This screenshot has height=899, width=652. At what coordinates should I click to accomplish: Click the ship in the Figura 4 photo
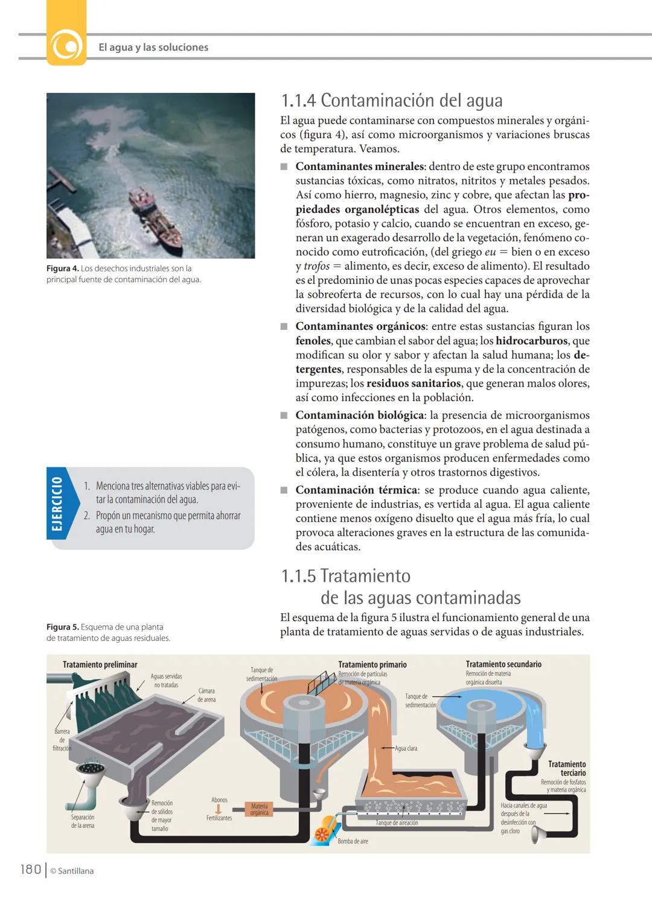point(155,217)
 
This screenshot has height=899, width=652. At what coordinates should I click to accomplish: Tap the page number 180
point(30,869)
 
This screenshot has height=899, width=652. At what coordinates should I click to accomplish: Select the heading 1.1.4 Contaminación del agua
point(392,100)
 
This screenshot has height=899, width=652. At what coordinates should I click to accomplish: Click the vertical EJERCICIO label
point(57,503)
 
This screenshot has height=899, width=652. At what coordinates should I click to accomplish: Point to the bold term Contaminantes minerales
point(360,166)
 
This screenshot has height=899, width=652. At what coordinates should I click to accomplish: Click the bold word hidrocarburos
point(531,341)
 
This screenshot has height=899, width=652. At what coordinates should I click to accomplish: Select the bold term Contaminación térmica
point(356,490)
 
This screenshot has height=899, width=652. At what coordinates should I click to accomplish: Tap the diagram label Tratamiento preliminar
point(100,664)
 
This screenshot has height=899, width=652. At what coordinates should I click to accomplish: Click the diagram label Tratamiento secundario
point(503,664)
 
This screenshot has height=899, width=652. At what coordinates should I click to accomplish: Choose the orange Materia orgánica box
point(259,809)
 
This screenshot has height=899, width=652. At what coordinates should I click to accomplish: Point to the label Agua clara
point(406,748)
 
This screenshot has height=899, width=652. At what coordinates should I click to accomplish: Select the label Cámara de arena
point(206,695)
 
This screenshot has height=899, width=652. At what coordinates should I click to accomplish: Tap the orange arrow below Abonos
point(219,809)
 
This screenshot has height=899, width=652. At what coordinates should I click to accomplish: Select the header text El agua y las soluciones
point(153,47)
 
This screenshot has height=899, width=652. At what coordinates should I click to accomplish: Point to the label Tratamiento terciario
point(566,768)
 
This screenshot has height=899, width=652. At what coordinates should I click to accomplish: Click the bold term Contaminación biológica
point(359,415)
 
